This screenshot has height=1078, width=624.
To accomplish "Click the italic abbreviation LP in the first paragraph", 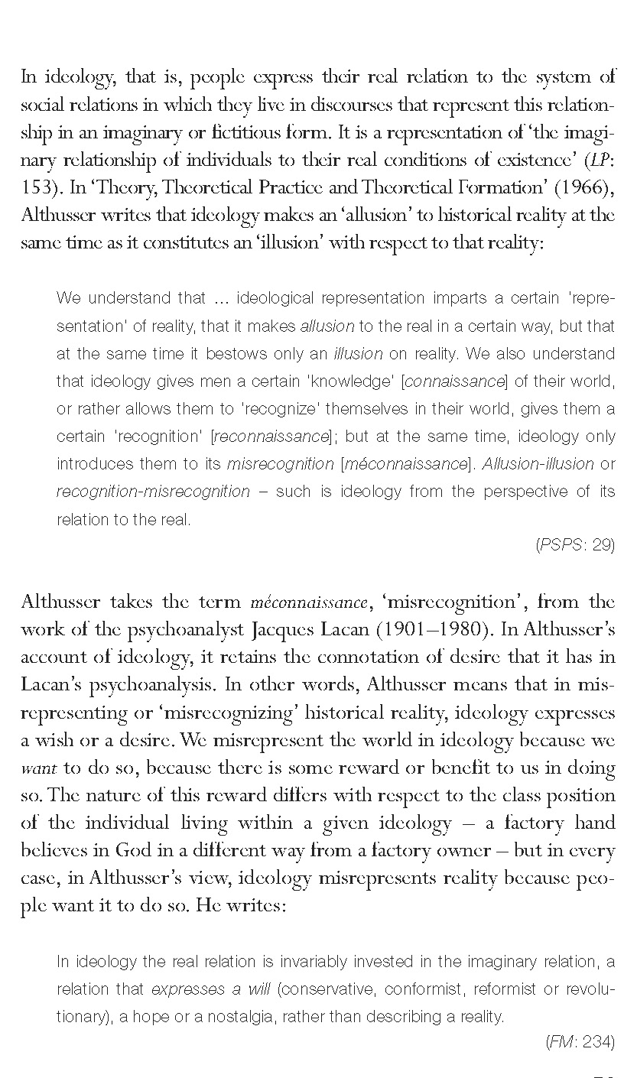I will click(596, 160).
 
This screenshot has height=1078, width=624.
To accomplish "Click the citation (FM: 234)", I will click(581, 1041).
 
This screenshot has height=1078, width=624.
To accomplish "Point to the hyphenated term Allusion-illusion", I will click(538, 463).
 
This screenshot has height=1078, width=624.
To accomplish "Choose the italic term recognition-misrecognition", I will click(153, 491).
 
